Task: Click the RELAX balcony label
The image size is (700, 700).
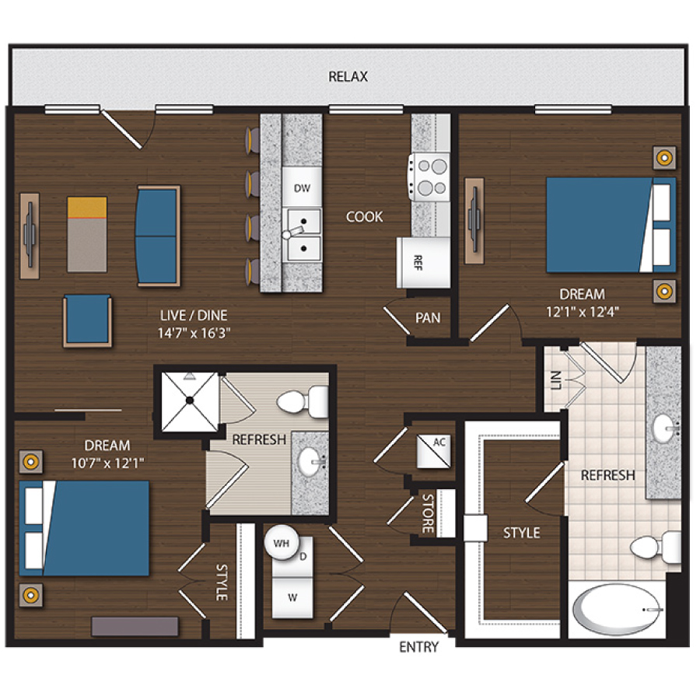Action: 348,77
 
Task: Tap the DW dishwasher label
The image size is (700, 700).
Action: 303,188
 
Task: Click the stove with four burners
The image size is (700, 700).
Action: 430,177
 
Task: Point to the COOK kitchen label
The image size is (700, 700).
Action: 365,217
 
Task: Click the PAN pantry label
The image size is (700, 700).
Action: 428,318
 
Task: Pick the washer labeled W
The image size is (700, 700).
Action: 293,597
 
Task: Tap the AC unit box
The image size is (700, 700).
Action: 436,450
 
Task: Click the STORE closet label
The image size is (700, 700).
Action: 427,513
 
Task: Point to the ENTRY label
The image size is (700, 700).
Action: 418,647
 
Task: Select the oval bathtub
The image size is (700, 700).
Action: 619,611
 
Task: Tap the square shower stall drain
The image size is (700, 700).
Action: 188,401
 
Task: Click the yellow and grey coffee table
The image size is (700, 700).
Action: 87,233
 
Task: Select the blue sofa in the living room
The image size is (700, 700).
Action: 158,235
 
